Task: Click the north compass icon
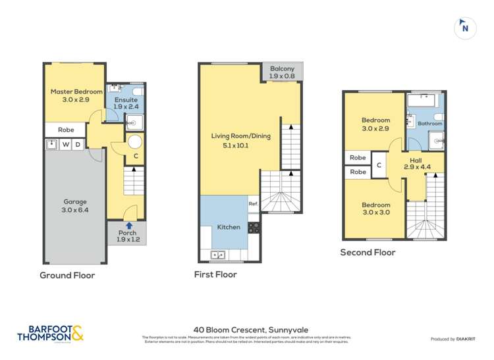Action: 466,28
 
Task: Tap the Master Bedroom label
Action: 77,91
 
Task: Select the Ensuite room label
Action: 125,100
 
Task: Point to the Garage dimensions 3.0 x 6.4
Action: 75,210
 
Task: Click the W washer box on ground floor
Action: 66,145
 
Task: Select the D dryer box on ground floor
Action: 78,145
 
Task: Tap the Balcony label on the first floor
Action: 281,68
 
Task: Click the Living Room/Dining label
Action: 240,136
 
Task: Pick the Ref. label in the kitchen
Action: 253,204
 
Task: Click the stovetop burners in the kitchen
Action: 254,227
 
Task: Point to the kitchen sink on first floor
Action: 217,255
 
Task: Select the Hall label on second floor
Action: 416,159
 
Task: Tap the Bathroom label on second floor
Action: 429,123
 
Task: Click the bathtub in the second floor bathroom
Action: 422,101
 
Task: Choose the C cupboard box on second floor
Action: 379,165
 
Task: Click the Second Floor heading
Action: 368,252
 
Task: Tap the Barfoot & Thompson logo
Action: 51,333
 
